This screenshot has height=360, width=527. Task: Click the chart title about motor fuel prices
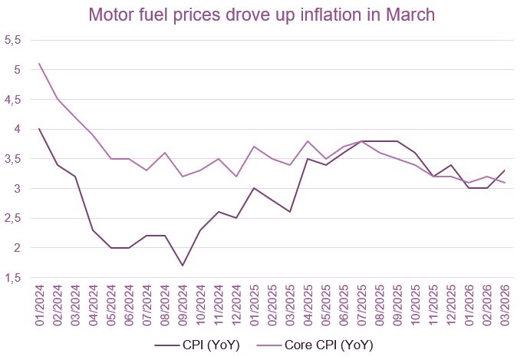(x=262, y=15)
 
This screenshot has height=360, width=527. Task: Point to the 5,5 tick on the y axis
(x=16, y=40)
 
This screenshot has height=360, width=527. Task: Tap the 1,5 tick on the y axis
(x=16, y=277)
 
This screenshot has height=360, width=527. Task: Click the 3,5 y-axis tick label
(x=16, y=159)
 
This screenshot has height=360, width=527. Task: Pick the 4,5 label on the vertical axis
(x=16, y=100)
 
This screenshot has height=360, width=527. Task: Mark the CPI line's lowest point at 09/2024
(x=182, y=266)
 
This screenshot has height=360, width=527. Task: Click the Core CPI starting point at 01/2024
(x=39, y=64)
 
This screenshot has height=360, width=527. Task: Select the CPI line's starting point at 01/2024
(x=39, y=129)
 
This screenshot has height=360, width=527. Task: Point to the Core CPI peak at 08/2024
(x=164, y=153)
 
